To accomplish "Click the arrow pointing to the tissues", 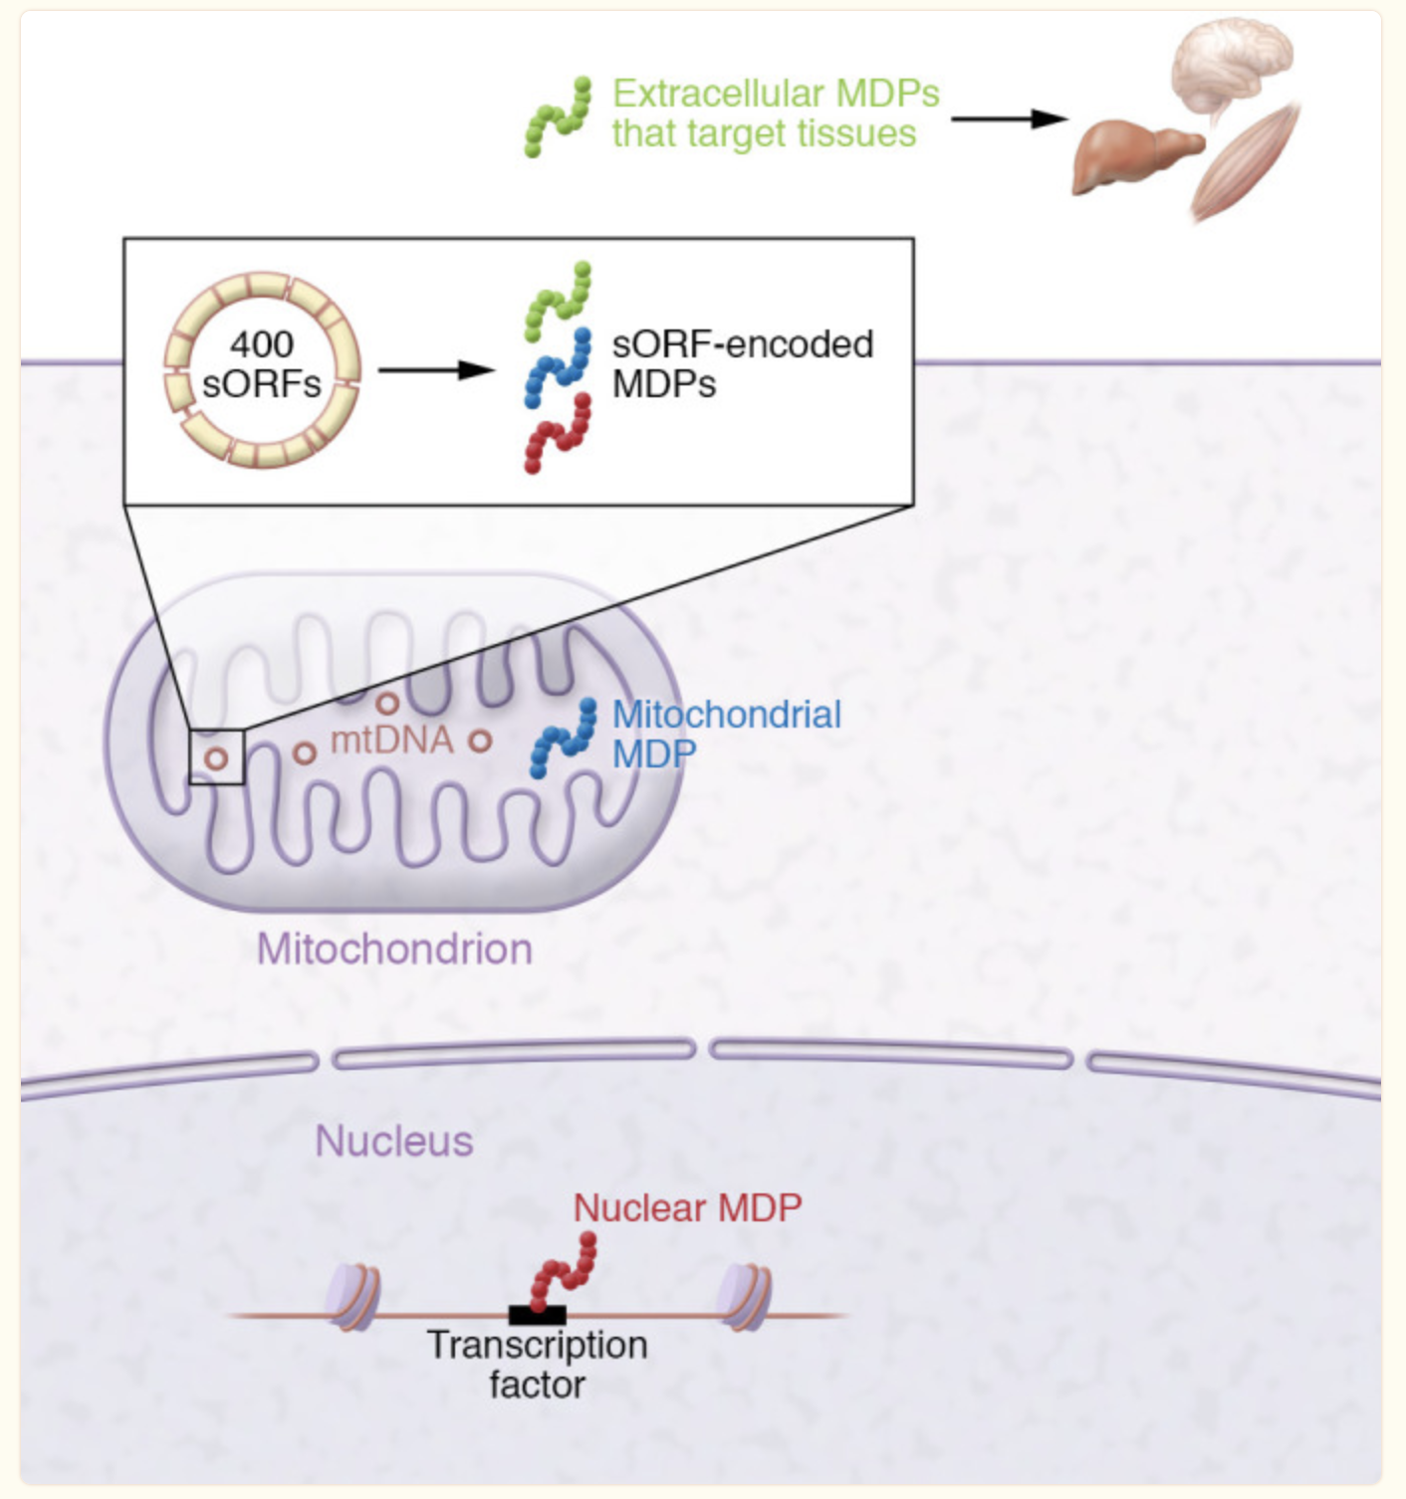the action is click(1009, 118).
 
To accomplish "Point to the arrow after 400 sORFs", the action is click(436, 370).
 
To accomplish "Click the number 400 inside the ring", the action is click(261, 345).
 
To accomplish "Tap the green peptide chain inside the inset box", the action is click(558, 302).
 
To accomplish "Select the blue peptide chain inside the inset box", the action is click(558, 367).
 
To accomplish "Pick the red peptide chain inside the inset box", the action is click(558, 433).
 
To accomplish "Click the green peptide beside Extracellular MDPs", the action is click(558, 117).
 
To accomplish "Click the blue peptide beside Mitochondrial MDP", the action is click(564, 739).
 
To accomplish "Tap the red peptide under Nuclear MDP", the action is click(564, 1272).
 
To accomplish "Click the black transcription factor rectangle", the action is click(537, 1315).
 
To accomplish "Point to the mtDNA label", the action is click(392, 741).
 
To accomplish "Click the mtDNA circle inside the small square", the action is click(217, 757).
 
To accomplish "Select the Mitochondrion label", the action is click(395, 950).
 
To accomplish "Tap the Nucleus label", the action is click(394, 1141).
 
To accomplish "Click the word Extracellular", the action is click(708, 95).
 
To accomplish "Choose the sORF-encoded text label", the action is click(742, 344).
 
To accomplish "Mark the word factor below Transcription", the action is click(537, 1385).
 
